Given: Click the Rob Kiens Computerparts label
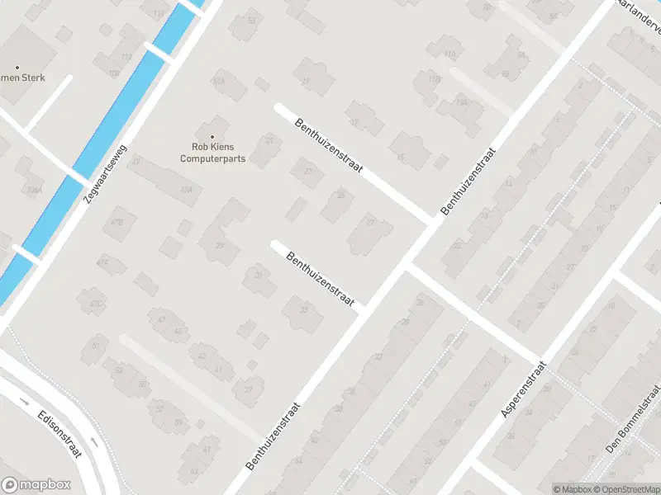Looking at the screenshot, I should pyautogui.click(x=213, y=153).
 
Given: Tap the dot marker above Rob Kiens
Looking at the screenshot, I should pyautogui.click(x=213, y=137).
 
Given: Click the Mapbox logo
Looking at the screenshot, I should pyautogui.click(x=36, y=485).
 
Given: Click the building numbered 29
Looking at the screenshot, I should pyautogui.click(x=220, y=245).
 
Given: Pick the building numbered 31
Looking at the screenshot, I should pyautogui.click(x=259, y=276).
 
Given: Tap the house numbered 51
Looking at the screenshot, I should pyautogui.click(x=97, y=346).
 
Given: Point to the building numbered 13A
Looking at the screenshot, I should pyautogui.click(x=462, y=103).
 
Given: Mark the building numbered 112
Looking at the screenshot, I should pyautogui.click(x=126, y=56).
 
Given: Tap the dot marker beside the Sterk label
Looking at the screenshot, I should pyautogui.click(x=17, y=68).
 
